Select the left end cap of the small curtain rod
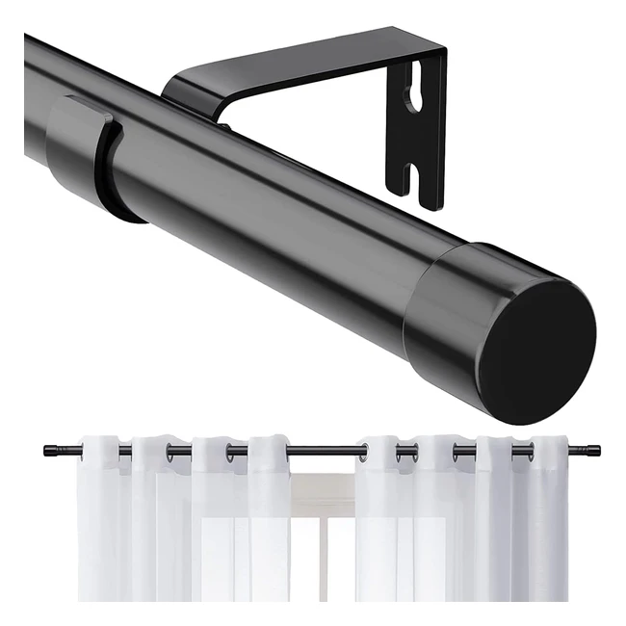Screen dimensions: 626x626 point(48,449)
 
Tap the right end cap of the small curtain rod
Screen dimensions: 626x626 point(594,450)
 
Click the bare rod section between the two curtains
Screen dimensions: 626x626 point(323,450)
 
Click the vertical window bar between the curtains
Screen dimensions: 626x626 point(323,559)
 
